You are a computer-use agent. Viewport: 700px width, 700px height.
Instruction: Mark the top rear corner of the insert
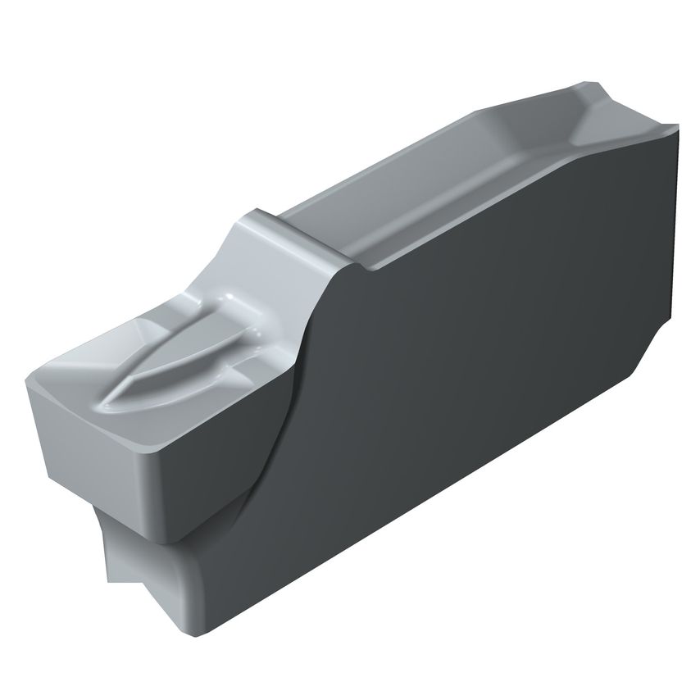tap(677, 128)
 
